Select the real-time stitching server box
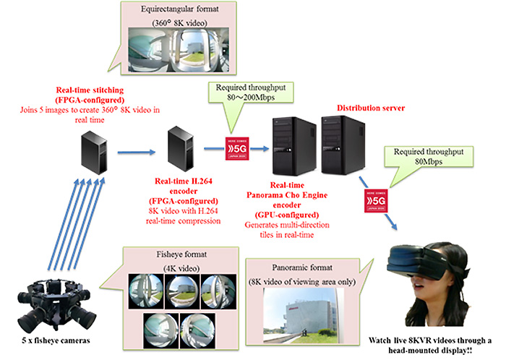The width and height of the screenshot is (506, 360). point(93,150)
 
